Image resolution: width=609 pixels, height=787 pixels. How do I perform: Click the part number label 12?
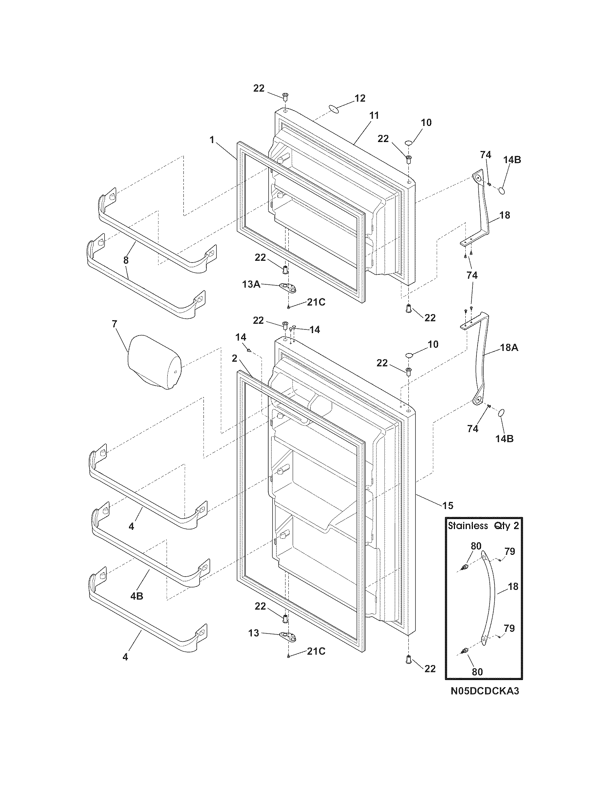(x=360, y=98)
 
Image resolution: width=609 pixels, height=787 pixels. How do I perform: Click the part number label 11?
(x=374, y=115)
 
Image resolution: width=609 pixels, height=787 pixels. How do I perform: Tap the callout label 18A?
(x=509, y=348)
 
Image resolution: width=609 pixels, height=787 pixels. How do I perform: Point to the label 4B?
(x=137, y=596)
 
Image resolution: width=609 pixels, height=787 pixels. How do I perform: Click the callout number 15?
(x=447, y=505)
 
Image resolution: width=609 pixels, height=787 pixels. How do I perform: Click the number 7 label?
(x=114, y=324)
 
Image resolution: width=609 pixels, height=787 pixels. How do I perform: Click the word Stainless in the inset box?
(x=467, y=526)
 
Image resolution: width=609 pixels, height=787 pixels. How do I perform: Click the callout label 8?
(x=125, y=260)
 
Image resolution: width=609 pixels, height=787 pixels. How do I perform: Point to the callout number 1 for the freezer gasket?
(x=212, y=140)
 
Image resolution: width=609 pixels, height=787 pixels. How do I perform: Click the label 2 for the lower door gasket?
(x=235, y=358)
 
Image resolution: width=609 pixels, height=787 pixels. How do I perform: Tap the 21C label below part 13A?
(x=316, y=302)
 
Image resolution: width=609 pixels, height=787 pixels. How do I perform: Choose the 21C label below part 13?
(x=316, y=651)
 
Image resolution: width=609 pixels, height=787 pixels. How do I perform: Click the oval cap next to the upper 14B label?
(x=502, y=190)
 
